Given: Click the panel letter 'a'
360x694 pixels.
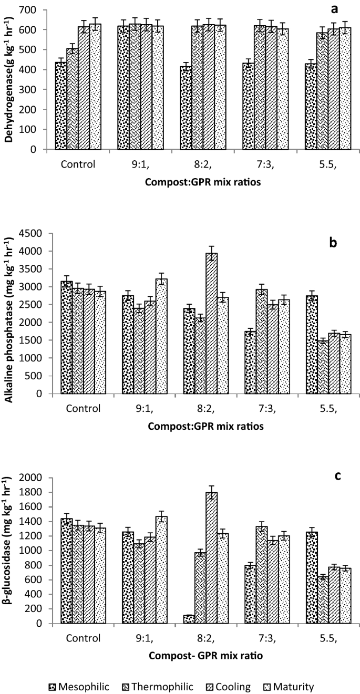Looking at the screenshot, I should (x=334, y=10).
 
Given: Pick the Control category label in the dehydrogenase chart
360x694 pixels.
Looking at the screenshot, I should (x=78, y=163).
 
